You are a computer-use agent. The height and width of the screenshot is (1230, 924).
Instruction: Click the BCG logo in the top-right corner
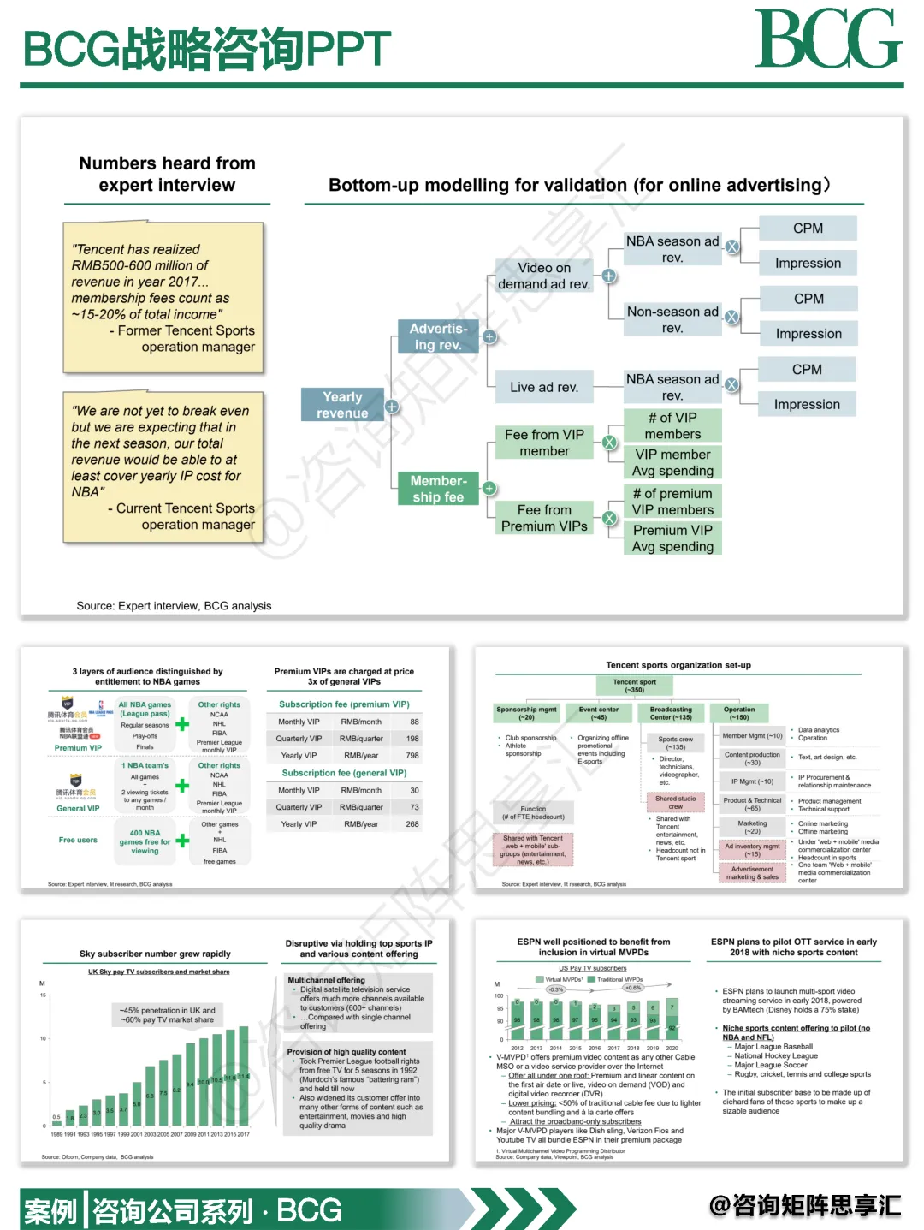(827, 39)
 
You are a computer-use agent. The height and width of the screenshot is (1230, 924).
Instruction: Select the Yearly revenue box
(342, 405)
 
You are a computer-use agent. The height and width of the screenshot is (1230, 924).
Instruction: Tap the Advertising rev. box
(437, 336)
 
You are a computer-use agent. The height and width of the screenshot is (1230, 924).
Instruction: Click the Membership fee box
(437, 489)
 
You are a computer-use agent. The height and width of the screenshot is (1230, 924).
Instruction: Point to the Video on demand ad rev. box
(544, 276)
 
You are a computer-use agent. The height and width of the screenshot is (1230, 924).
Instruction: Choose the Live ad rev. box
(544, 387)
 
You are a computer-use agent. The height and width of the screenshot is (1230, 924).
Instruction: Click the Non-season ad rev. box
(672, 319)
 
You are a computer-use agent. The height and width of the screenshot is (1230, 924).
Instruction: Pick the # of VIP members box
(672, 425)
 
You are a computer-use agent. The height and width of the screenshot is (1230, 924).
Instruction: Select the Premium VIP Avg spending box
(672, 538)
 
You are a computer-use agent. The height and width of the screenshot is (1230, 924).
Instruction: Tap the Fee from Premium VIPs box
(544, 518)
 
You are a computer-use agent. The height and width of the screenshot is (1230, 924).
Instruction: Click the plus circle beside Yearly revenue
(391, 407)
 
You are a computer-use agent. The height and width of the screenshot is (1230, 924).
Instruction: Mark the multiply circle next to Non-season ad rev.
(732, 317)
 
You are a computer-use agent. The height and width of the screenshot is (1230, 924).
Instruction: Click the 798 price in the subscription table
(412, 756)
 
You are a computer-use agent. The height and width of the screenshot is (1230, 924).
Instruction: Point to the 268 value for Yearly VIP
(412, 824)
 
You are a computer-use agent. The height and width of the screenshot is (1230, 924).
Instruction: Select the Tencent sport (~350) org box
(634, 686)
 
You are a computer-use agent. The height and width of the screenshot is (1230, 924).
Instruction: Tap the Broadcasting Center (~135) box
(671, 713)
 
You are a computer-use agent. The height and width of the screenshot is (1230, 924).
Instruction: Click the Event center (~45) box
(598, 713)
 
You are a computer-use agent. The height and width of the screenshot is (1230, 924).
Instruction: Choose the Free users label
(78, 840)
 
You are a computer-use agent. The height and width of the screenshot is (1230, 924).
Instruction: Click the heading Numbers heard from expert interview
(167, 174)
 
